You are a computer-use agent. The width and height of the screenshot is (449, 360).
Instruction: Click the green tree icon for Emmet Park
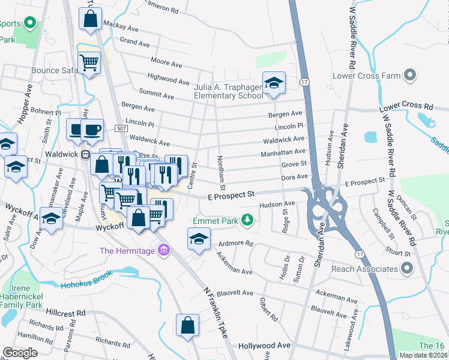click(x=246, y=221)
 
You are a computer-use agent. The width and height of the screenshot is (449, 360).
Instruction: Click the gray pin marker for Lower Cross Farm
click(x=409, y=76)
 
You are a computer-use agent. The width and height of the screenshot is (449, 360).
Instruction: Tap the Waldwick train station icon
click(x=85, y=154)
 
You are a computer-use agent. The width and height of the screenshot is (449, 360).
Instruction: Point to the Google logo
click(x=20, y=352)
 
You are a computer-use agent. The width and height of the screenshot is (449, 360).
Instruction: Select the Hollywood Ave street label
click(x=264, y=346)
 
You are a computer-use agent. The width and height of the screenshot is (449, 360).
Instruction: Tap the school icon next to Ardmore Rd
click(x=199, y=238)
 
